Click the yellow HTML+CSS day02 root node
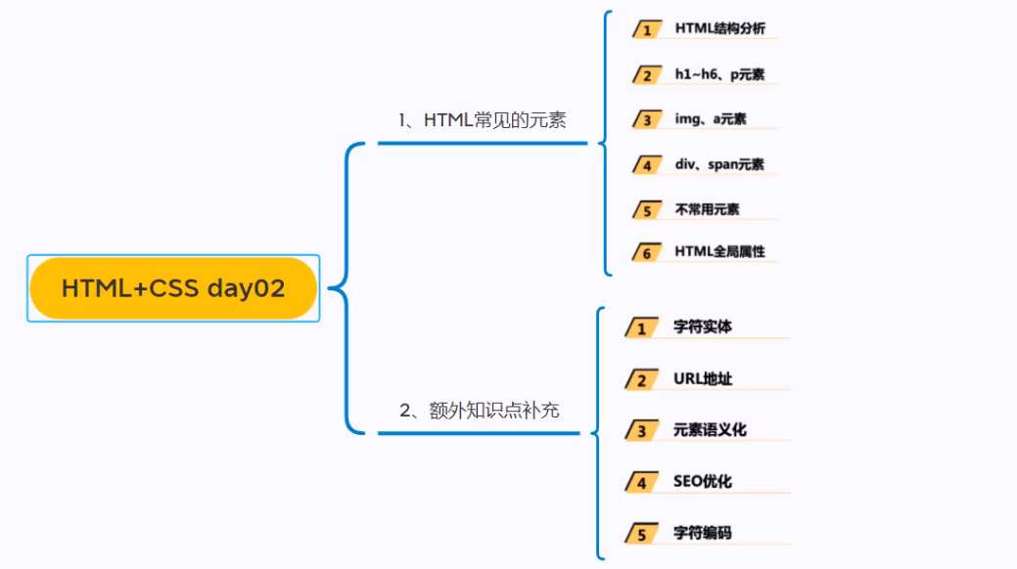(173, 288)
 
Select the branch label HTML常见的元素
(483, 120)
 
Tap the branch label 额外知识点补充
(480, 411)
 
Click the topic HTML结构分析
(719, 28)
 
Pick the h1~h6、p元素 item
(719, 74)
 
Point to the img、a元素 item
(711, 119)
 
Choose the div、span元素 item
(719, 164)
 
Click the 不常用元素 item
(707, 209)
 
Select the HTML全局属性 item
(719, 252)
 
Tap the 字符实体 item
(702, 327)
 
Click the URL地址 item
(702, 378)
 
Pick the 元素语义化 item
(710, 429)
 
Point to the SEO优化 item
(702, 481)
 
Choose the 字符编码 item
(702, 533)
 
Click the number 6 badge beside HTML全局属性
(647, 253)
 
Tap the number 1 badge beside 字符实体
(641, 328)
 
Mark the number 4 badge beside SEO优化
(641, 483)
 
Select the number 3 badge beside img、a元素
(647, 120)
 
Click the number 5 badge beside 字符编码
(641, 535)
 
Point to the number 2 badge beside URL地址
(641, 380)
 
